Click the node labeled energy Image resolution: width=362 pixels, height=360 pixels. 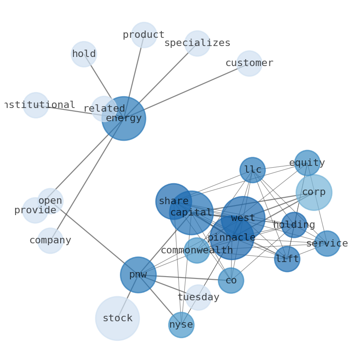coord(124,118)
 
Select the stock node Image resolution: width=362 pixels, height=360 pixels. coord(117,319)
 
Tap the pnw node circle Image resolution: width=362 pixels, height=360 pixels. coord(138,275)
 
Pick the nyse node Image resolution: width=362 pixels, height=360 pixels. coord(181,325)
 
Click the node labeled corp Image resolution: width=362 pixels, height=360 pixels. coord(314,192)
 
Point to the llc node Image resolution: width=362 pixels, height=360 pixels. coord(253,170)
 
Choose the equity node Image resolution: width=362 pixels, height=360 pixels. coord(307,163)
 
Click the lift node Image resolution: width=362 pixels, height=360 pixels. coord(287,259)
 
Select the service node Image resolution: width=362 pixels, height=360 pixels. coord(327,243)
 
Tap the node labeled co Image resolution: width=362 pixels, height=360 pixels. coord(231,280)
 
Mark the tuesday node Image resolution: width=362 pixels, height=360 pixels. coord(198,298)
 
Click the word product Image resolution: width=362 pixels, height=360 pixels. coord(144,35)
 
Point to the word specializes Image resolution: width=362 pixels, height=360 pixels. coord(197,43)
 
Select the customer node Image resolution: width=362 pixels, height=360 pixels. coord(249,63)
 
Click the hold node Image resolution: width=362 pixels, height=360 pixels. coord(84,54)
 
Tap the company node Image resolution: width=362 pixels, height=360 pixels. coord(50,240)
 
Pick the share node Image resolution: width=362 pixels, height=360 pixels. coord(173,201)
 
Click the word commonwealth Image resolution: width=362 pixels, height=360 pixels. coord(197,250)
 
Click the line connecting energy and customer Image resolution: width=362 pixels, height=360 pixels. coord(187,91)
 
